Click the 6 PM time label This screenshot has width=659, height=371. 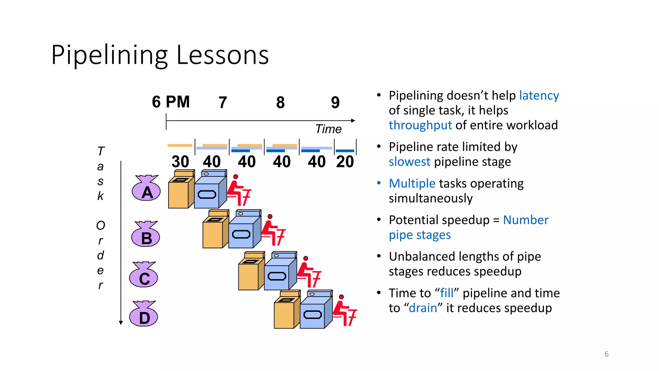click(x=171, y=102)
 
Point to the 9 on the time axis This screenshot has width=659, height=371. click(x=335, y=103)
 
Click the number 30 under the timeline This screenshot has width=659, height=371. click(x=180, y=162)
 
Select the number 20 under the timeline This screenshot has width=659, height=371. click(x=345, y=162)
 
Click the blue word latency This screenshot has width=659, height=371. click(x=539, y=96)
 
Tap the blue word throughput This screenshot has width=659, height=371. click(x=420, y=125)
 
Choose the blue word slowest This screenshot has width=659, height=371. click(x=409, y=162)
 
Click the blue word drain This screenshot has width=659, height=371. click(x=423, y=308)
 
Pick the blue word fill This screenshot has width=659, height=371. click(x=447, y=293)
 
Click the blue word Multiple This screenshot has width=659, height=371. click(x=412, y=184)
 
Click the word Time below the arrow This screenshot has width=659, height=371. click(x=328, y=129)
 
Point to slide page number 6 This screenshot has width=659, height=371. click(x=606, y=354)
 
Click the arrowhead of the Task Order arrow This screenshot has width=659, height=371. click(x=121, y=323)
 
